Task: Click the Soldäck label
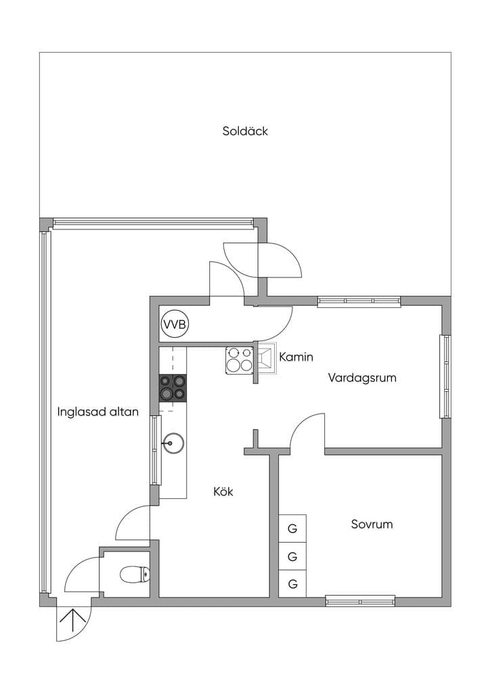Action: (x=245, y=131)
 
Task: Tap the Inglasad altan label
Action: (x=98, y=412)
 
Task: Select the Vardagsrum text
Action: (x=362, y=378)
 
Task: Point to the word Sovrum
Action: (x=372, y=524)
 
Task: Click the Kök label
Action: (x=223, y=491)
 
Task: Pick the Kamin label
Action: (x=296, y=357)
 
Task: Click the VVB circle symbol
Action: (x=175, y=325)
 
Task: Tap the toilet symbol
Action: (x=135, y=574)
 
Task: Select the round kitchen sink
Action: (x=173, y=443)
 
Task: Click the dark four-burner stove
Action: (x=173, y=388)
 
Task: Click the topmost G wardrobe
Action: (x=292, y=528)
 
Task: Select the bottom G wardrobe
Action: (x=292, y=584)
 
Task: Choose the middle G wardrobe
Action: (x=292, y=556)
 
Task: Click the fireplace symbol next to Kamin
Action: (x=267, y=359)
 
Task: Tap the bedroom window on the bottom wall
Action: (x=360, y=601)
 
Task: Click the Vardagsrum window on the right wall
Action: (x=445, y=376)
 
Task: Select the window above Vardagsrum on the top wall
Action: (x=359, y=301)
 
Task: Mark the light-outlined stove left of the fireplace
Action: (x=240, y=360)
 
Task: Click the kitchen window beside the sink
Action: (x=154, y=450)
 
